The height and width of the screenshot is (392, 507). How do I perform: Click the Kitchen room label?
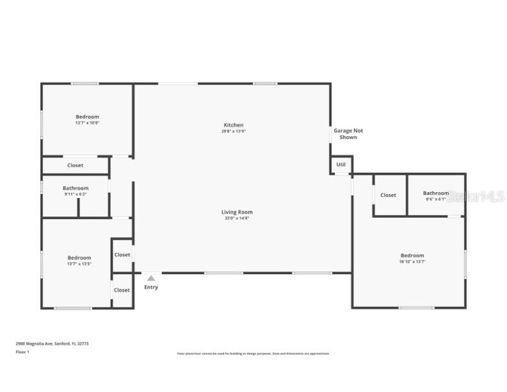click(x=233, y=125)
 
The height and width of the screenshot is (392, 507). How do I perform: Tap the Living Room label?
click(x=237, y=212)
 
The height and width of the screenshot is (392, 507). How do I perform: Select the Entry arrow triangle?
click(x=150, y=278)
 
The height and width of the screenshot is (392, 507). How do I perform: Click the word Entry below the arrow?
click(x=150, y=287)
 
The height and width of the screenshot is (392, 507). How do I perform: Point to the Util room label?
click(x=341, y=165)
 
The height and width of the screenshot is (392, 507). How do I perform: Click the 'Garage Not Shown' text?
click(x=348, y=134)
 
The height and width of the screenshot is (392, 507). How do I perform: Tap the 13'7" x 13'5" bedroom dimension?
click(x=79, y=264)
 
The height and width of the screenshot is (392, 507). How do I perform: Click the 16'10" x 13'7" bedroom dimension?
click(x=412, y=261)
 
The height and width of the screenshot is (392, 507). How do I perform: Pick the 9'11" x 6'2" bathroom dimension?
click(x=75, y=194)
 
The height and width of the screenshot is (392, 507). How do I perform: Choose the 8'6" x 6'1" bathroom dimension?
click(x=435, y=199)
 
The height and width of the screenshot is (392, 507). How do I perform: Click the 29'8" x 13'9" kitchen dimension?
click(x=233, y=131)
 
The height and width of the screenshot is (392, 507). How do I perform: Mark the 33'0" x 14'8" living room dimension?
click(x=237, y=218)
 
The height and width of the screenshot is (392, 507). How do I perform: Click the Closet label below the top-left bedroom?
click(x=75, y=165)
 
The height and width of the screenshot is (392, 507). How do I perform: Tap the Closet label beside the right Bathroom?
click(x=388, y=195)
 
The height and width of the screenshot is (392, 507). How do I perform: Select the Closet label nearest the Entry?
click(x=122, y=290)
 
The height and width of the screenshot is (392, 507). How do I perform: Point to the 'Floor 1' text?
click(x=22, y=351)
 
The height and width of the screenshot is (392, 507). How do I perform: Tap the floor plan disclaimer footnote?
click(x=253, y=354)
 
